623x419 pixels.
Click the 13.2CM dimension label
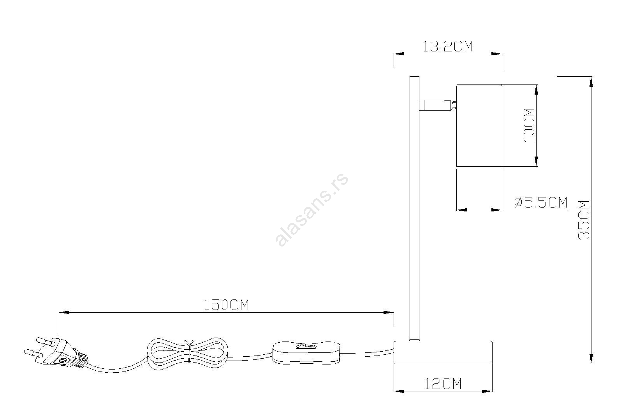point(447,46)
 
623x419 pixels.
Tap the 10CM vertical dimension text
point(529,125)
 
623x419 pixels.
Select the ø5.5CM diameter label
point(541,202)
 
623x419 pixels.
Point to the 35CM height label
point(584,220)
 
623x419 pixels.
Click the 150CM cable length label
point(226,305)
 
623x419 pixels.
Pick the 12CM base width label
point(443,384)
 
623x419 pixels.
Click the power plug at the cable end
point(56,354)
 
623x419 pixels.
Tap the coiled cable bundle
point(188,354)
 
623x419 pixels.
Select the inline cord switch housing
point(306,353)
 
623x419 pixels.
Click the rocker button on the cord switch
point(307,347)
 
